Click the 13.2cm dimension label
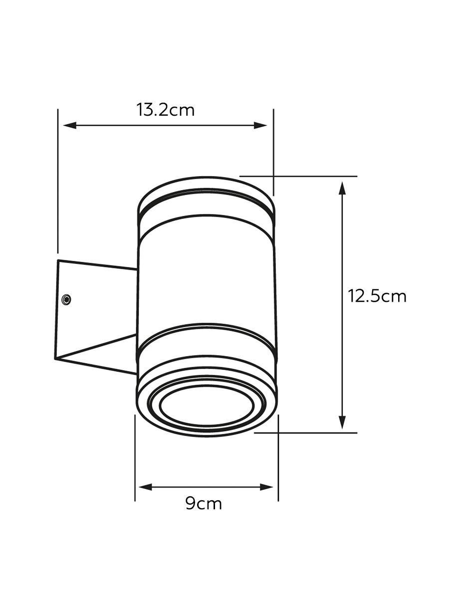coord(165,110)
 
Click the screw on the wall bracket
coord(66,300)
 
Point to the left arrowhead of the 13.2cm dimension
coord(70,125)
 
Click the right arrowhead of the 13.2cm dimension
coord(260,125)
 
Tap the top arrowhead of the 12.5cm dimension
coord(342,189)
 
